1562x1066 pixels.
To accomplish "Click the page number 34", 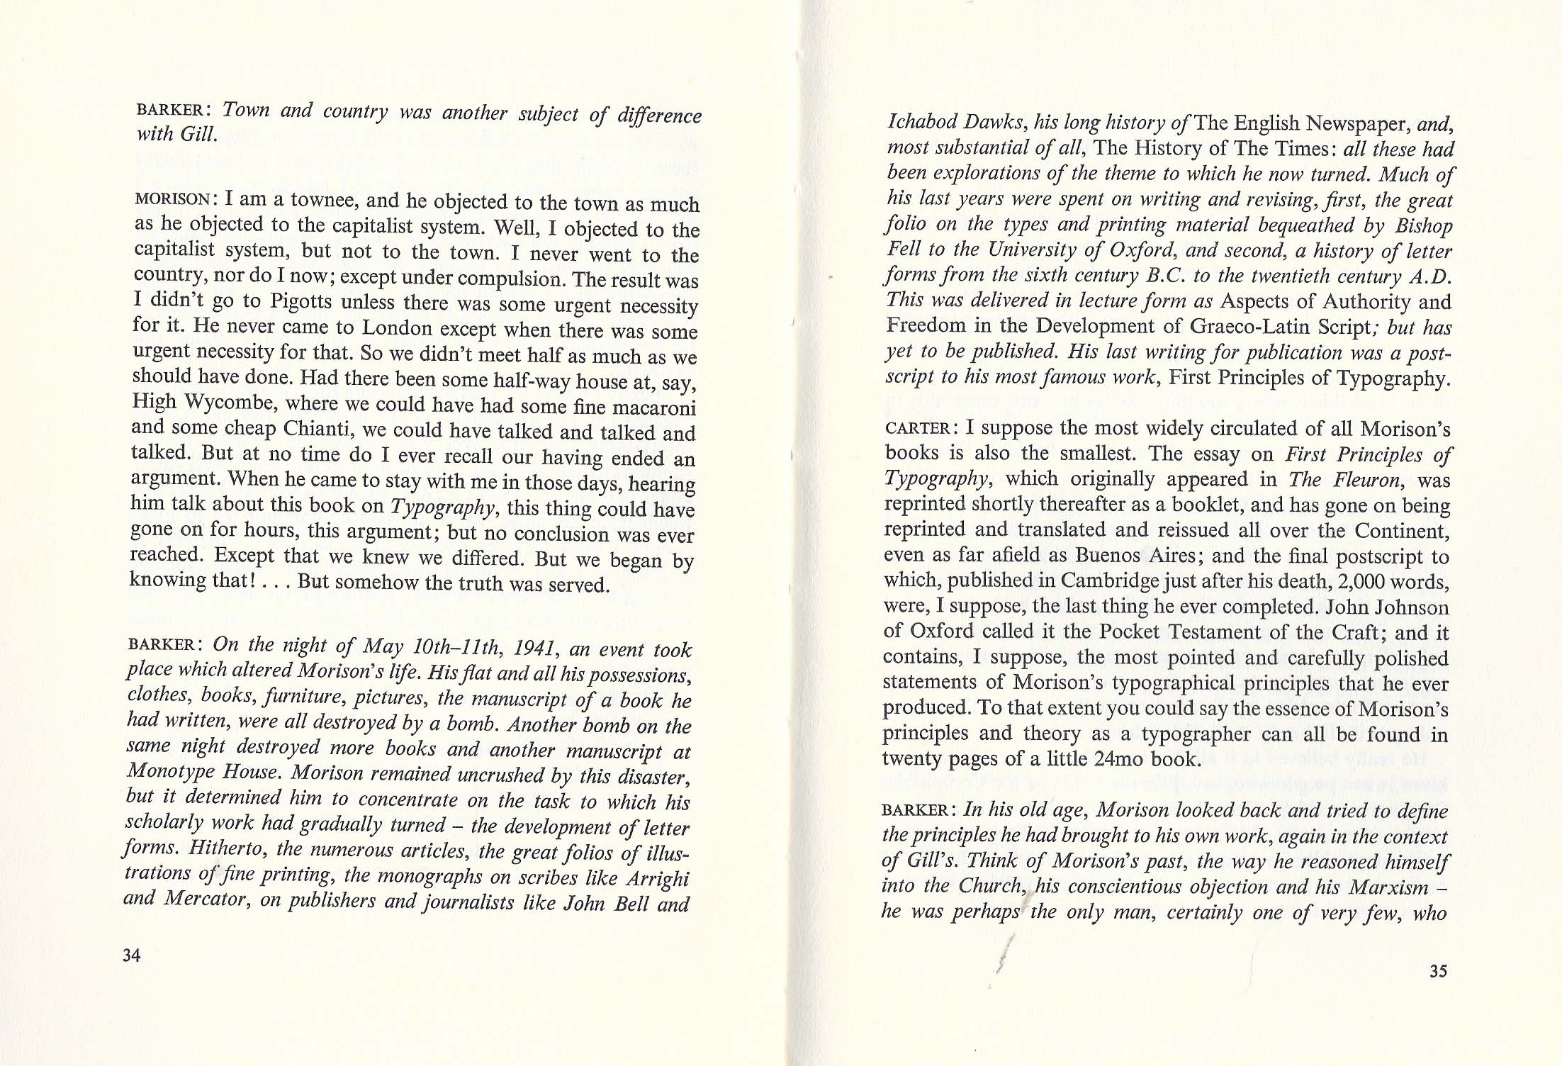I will pyautogui.click(x=132, y=955).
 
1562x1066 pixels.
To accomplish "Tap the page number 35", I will pyautogui.click(x=1438, y=971).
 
